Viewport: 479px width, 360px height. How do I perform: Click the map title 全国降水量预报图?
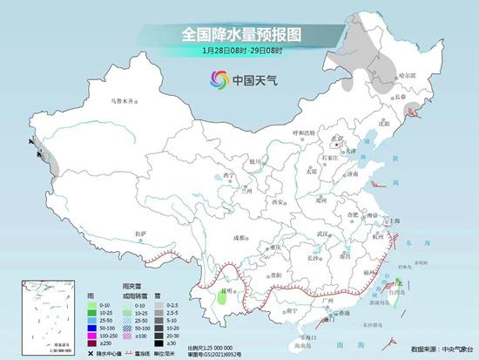coord(239,34)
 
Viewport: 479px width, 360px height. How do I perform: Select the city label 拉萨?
coord(141,233)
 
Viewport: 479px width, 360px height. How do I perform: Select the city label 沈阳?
coord(381,124)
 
